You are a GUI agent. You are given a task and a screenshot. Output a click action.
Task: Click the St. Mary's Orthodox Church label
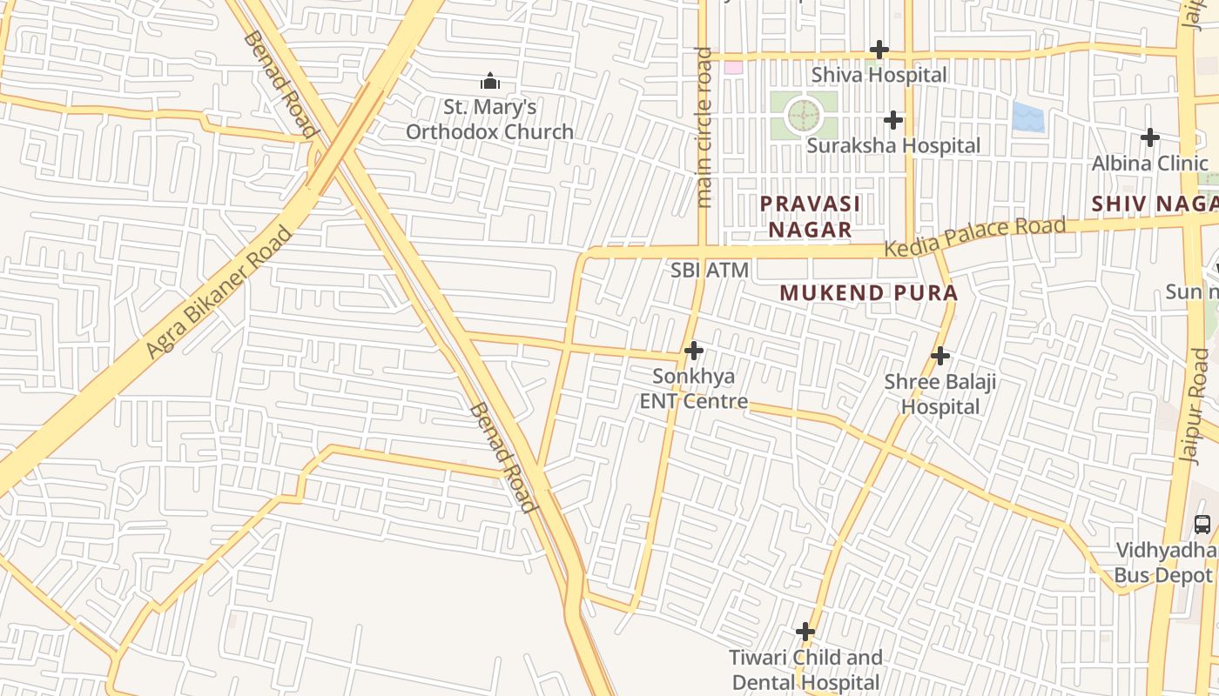click(x=489, y=120)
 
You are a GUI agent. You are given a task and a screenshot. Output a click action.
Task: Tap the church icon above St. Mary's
click(x=490, y=82)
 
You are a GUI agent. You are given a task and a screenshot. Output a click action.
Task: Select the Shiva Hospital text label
click(x=879, y=75)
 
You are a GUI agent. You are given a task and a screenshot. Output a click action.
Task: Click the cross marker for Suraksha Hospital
click(x=892, y=120)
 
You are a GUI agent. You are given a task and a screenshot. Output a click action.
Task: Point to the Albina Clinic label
click(x=1150, y=164)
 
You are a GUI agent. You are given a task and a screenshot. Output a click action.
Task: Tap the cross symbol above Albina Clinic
click(x=1150, y=137)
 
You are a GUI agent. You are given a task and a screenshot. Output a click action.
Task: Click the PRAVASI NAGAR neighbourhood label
click(x=810, y=217)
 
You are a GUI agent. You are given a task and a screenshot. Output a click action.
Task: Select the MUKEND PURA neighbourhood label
click(x=868, y=293)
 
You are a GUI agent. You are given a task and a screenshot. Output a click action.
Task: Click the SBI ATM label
click(x=710, y=271)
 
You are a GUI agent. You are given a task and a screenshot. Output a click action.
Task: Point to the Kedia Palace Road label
click(x=974, y=237)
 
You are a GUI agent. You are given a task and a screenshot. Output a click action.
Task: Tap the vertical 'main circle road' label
click(x=704, y=128)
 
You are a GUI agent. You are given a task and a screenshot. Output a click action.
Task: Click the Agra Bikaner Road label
click(x=219, y=291)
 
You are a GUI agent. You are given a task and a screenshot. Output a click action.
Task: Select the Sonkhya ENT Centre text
click(x=694, y=389)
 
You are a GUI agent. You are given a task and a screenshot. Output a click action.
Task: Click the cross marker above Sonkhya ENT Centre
click(x=694, y=351)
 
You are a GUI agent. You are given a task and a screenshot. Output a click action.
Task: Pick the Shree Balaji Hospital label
click(x=940, y=394)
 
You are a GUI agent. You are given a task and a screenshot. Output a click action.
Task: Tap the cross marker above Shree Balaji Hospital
click(x=940, y=356)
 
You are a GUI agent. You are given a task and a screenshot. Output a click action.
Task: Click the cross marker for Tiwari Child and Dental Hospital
click(x=805, y=632)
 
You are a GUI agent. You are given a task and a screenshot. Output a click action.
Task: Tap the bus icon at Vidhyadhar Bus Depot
click(x=1202, y=525)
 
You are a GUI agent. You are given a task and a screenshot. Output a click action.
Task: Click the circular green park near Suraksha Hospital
click(x=803, y=115)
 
